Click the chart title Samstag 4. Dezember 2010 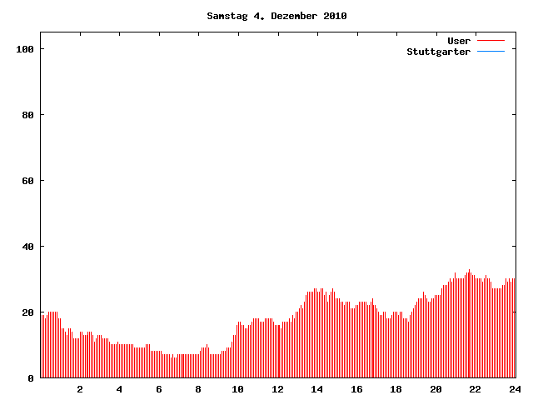point(276,16)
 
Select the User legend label point(459,41)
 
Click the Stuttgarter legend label point(438,52)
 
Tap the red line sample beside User point(491,41)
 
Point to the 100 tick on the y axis point(25,49)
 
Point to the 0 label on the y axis point(31,378)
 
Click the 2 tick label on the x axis point(80,389)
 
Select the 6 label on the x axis point(159,389)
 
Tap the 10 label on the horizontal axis point(238,389)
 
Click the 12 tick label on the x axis point(277,389)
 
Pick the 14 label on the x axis point(317,389)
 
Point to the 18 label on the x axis point(396,389)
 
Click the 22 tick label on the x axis point(476,389)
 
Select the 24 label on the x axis point(515,389)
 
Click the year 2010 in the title point(335,16)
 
